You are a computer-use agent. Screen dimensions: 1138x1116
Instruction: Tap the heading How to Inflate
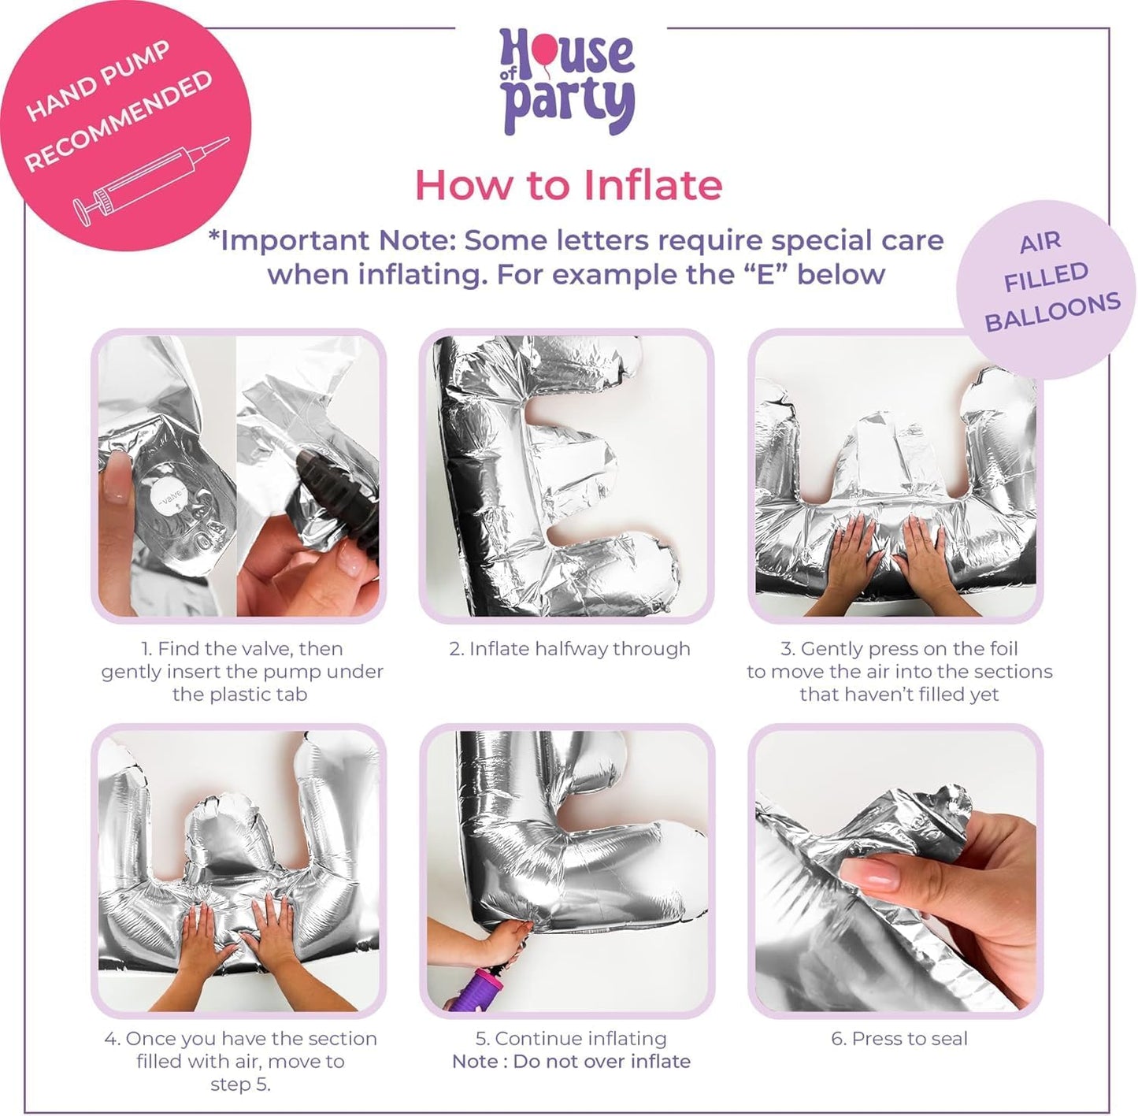coord(569,186)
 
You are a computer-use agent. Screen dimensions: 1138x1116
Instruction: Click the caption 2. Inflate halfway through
coord(569,649)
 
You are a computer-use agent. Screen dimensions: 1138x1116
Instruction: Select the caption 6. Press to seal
coord(899,1039)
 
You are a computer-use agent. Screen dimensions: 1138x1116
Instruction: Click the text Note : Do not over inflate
coord(571,1062)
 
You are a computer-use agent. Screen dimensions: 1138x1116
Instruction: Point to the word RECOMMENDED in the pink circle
coord(119,120)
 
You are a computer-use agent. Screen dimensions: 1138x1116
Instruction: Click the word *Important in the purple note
coord(289,241)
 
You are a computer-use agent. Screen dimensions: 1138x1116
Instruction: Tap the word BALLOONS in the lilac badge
coord(1053,313)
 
